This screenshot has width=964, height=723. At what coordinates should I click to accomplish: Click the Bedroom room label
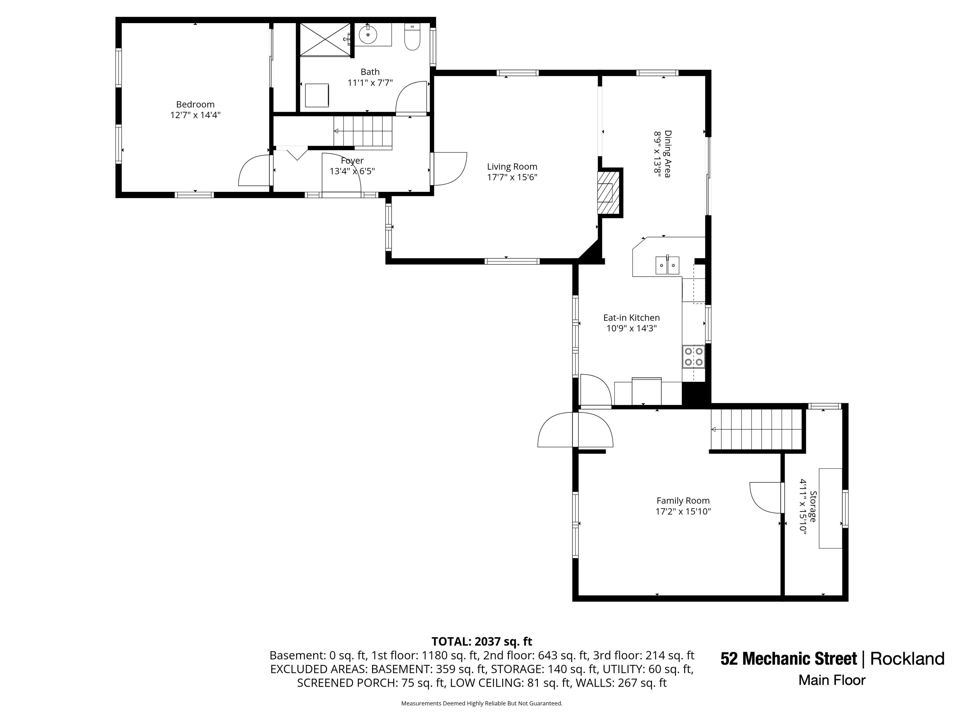(x=195, y=104)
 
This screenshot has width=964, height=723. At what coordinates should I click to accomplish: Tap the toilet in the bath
(x=412, y=37)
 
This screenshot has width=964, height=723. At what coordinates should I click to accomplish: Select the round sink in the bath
(x=368, y=34)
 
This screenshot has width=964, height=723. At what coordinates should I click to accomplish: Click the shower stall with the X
(x=325, y=39)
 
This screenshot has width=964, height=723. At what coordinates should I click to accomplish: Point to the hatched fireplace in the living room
(x=608, y=192)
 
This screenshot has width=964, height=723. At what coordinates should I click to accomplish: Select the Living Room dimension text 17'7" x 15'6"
(x=512, y=177)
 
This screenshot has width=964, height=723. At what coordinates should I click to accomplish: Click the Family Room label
(x=683, y=501)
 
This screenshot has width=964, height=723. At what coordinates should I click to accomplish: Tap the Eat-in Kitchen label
(x=631, y=318)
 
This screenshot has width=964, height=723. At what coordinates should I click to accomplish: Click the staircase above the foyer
(x=363, y=131)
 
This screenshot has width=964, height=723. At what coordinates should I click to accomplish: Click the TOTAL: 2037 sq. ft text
(x=482, y=641)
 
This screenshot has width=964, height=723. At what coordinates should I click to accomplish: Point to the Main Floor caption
(x=832, y=680)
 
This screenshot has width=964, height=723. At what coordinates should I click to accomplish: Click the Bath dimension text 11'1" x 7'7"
(x=370, y=83)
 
